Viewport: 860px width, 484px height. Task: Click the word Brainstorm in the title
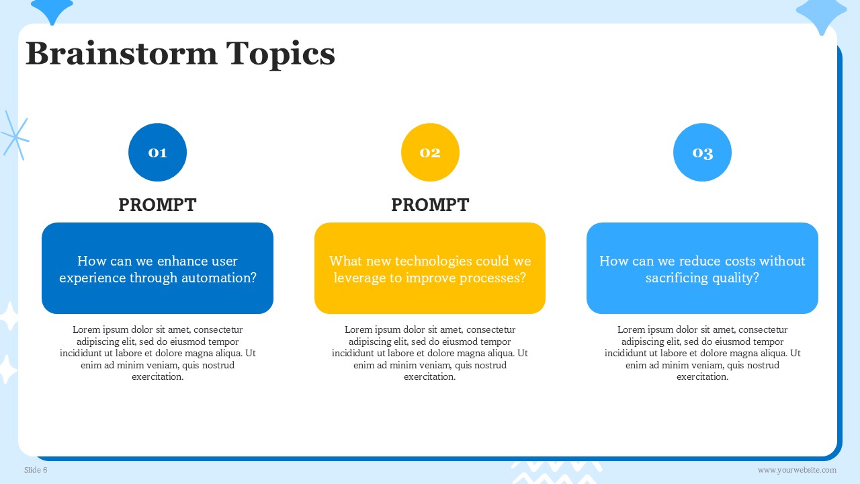coord(122,53)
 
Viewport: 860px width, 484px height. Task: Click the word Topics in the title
coord(281,55)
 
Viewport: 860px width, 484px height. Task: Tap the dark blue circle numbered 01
coord(157,152)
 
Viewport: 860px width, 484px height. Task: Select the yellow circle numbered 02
coord(430,152)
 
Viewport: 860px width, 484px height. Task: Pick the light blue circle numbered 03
coord(702,152)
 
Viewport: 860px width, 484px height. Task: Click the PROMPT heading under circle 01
coord(157,205)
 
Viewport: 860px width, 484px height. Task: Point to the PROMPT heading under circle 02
coord(430,205)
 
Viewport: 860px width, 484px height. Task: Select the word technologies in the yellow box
coord(433,261)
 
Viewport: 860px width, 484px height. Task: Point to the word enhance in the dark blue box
coord(183,261)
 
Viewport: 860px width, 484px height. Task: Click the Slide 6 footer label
coord(36,470)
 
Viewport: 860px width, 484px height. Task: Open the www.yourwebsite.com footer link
coord(797,470)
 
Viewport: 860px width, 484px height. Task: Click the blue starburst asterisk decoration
coord(15,136)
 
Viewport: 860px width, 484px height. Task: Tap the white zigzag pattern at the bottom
coord(557,473)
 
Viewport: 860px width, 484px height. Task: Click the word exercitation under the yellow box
coord(429,377)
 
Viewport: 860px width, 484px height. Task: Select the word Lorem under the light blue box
coord(628,329)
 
